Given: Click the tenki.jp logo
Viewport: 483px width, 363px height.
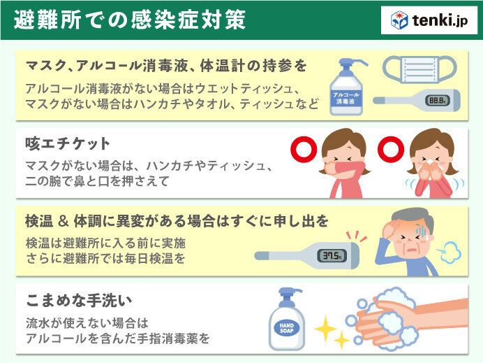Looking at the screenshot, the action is tap(429, 20).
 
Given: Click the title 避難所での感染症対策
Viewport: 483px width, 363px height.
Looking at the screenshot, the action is tap(130, 20).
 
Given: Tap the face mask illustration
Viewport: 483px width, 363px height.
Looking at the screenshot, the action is tap(419, 69).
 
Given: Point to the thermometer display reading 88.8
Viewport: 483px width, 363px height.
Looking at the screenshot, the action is tap(438, 100).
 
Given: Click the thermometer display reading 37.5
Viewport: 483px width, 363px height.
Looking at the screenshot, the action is tap(332, 256).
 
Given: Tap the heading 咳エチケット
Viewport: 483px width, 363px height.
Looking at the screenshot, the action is tap(68, 143).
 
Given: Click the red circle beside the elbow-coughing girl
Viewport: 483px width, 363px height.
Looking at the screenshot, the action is tap(304, 150).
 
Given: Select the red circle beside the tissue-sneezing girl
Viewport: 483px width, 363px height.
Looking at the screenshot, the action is tap(391, 150).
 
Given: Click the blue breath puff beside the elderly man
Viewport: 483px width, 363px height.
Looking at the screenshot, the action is tap(449, 252).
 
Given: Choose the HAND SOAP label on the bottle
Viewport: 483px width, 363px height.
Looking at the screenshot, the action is tap(286, 328).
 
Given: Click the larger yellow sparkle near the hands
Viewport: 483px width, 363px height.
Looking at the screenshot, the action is tap(325, 329).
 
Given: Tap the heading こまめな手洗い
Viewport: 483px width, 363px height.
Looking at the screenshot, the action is tap(79, 300).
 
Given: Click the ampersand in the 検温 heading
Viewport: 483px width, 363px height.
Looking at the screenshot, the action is tap(63, 221).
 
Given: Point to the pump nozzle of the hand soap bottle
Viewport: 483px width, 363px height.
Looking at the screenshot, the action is tap(290, 292).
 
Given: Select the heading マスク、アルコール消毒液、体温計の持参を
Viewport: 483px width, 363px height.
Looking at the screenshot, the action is tap(166, 66).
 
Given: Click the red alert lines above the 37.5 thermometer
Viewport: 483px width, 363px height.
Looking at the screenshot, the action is tap(357, 236).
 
